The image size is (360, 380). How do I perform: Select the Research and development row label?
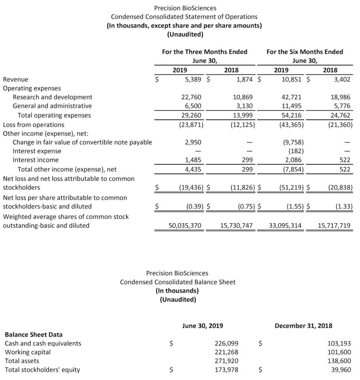click(x=52, y=97)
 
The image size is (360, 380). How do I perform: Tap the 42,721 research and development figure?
click(x=292, y=97)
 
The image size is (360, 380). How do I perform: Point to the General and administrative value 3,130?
click(x=244, y=106)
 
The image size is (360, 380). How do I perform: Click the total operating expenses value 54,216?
click(x=292, y=115)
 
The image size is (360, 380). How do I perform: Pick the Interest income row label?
click(x=36, y=160)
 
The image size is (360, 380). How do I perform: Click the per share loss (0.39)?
click(x=194, y=206)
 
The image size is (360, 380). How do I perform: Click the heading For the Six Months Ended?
click(x=305, y=52)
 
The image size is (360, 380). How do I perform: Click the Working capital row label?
click(x=27, y=352)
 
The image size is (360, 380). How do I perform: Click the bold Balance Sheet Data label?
click(x=33, y=334)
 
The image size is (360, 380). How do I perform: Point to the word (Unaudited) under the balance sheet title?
click(x=178, y=299)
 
